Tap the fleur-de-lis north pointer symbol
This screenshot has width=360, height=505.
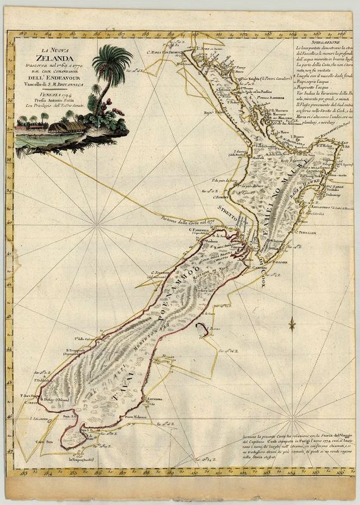point(292,324)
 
